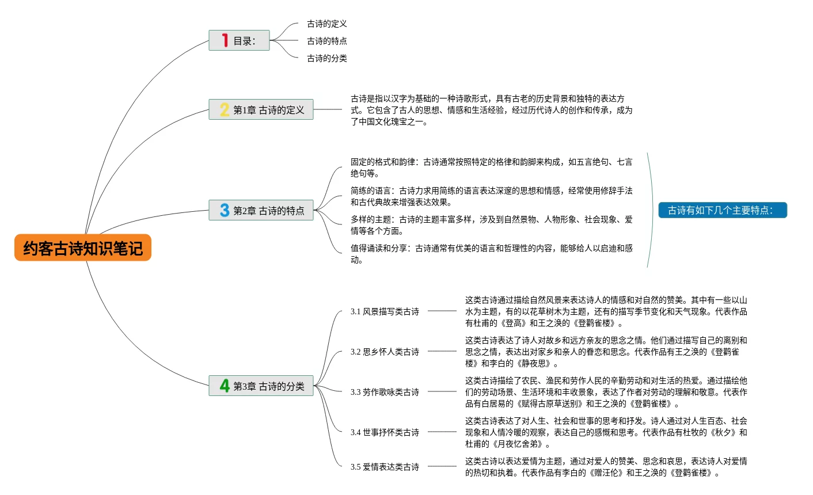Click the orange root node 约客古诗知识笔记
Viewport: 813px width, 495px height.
[83, 248]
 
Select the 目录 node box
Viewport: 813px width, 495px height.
[239, 41]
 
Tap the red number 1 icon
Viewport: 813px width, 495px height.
[225, 40]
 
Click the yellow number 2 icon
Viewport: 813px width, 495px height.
[225, 109]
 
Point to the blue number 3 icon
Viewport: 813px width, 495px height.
[225, 210]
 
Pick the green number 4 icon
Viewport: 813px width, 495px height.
[225, 386]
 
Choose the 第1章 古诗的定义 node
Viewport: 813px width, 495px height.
[261, 109]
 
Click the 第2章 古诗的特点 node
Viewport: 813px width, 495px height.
[261, 210]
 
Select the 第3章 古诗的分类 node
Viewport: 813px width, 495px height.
[261, 386]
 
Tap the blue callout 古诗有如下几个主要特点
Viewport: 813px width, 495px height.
[722, 210]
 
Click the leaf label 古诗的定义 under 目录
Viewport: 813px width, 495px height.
[327, 24]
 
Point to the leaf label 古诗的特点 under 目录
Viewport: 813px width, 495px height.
[327, 41]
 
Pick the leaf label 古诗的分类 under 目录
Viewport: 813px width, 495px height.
[327, 58]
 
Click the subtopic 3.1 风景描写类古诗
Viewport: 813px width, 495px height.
[385, 311]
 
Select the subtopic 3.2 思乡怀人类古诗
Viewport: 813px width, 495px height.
[385, 352]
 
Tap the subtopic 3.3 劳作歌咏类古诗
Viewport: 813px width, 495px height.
[385, 392]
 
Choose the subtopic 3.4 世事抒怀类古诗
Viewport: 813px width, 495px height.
[385, 432]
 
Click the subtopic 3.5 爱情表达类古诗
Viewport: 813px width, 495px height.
[385, 467]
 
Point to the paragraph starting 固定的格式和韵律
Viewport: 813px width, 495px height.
[491, 167]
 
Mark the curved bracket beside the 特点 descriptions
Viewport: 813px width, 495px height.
[652, 210]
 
